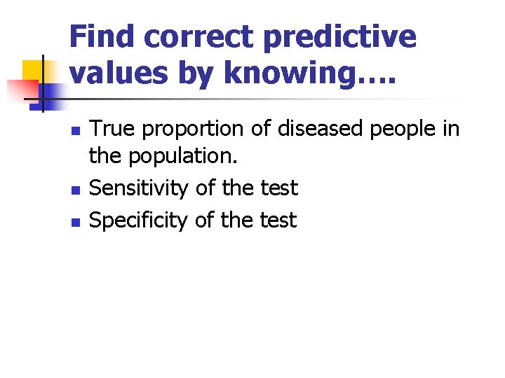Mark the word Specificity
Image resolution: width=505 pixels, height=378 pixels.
(x=140, y=221)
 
